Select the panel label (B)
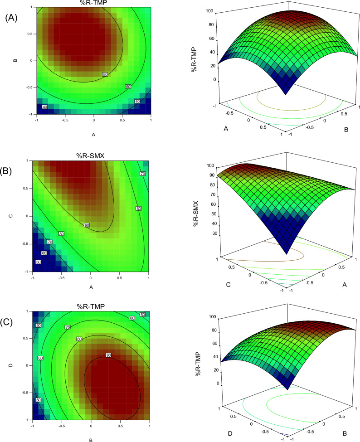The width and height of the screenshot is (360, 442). (12, 171)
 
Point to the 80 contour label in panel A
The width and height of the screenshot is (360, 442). (105, 74)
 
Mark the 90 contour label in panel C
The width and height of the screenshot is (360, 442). (108, 355)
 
